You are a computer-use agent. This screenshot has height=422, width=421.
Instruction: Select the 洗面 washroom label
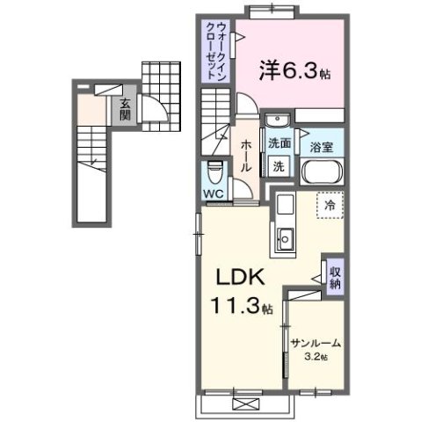click(x=279, y=143)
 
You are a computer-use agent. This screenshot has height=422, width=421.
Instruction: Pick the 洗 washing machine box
click(x=279, y=164)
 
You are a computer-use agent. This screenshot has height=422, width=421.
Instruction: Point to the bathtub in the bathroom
click(x=322, y=170)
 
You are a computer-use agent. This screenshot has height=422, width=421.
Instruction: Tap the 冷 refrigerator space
click(x=330, y=205)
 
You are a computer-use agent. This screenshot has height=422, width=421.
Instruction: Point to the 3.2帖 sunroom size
click(x=316, y=358)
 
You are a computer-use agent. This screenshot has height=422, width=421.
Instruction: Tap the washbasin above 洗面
click(x=279, y=122)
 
